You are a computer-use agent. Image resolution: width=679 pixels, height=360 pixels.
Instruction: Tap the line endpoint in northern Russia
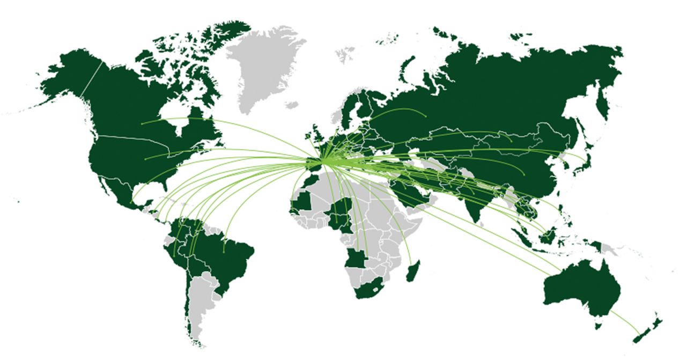coord(425,116)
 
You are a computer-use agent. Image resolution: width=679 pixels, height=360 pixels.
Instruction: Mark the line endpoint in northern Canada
coord(142,123)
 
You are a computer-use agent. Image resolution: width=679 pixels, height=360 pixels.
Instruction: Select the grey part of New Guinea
coord(609,248)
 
